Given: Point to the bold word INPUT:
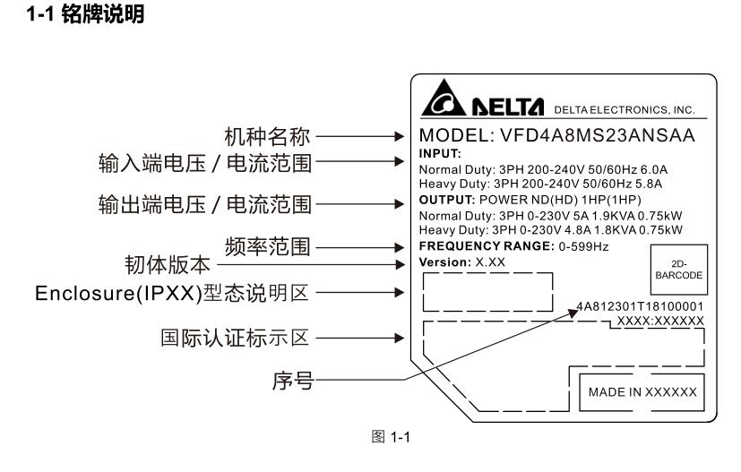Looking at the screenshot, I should pyautogui.click(x=437, y=154).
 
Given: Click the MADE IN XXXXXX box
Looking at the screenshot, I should pyautogui.click(x=641, y=392).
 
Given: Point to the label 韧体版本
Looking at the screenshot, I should pyautogui.click(x=168, y=265).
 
